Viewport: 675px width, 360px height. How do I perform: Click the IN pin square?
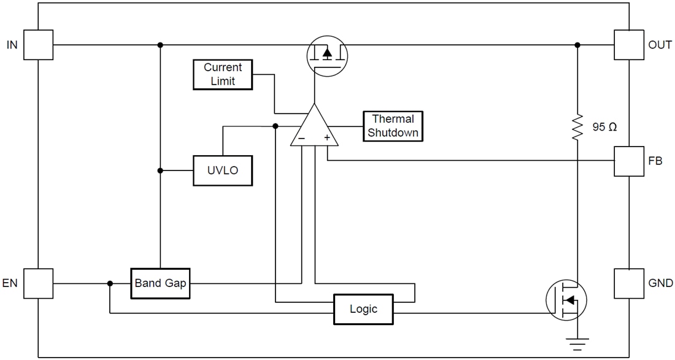(x=38, y=45)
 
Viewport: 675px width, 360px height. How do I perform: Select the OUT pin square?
(x=629, y=45)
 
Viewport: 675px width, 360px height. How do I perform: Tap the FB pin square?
(x=629, y=161)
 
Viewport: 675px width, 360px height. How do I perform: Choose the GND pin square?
(x=629, y=283)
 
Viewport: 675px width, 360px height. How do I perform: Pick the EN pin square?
(x=38, y=283)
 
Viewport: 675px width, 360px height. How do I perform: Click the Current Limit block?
(x=223, y=74)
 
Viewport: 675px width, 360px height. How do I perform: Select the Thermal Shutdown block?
(x=393, y=126)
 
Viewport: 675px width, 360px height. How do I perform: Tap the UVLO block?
(x=223, y=170)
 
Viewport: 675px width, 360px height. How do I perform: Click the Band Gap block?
(x=160, y=283)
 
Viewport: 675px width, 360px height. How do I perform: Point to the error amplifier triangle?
(x=314, y=128)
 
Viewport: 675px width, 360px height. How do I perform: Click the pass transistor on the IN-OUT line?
(x=326, y=53)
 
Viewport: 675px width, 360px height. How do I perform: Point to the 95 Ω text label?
(x=604, y=128)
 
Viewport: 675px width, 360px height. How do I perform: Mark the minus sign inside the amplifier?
(x=301, y=139)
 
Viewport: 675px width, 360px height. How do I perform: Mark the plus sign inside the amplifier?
(x=327, y=139)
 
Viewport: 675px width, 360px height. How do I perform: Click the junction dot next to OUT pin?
(x=577, y=45)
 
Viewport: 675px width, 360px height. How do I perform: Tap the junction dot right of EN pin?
(x=110, y=283)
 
